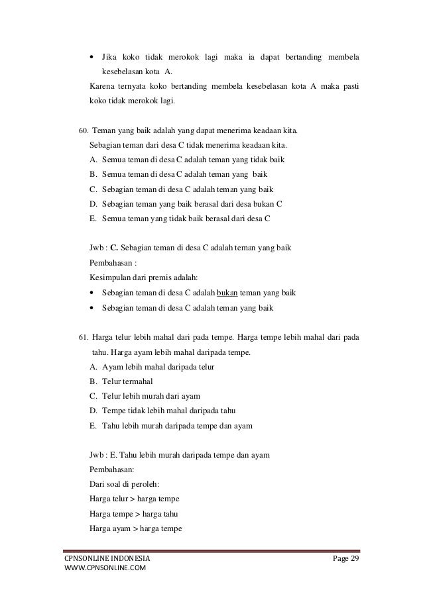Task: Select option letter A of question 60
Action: pyautogui.click(x=92, y=159)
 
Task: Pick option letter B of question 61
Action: pyautogui.click(x=92, y=381)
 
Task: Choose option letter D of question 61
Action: pyautogui.click(x=92, y=410)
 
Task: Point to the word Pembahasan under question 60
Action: pyautogui.click(x=110, y=262)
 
